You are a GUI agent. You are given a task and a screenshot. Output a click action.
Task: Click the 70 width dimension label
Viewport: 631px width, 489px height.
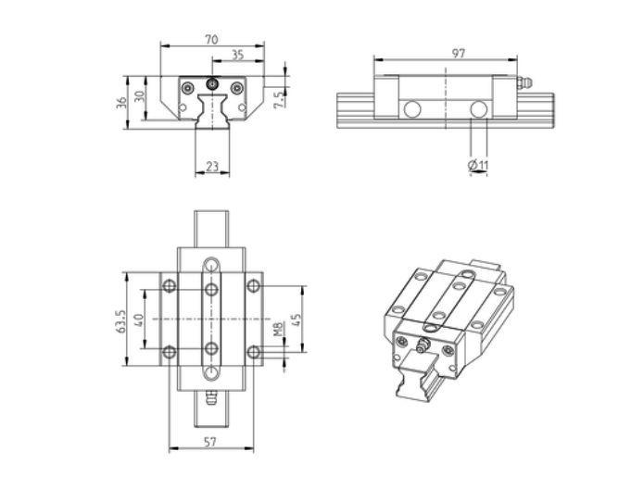tap(211, 40)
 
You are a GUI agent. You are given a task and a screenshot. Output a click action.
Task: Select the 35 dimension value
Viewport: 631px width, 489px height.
tap(238, 55)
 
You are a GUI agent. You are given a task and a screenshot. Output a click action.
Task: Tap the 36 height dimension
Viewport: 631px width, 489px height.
tap(121, 103)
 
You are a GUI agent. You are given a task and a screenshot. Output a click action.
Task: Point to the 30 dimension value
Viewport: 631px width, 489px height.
tap(139, 96)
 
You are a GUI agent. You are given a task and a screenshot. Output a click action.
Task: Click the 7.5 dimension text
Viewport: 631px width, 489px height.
tap(279, 98)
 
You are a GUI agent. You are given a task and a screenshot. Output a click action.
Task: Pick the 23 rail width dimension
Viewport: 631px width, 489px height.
tap(212, 166)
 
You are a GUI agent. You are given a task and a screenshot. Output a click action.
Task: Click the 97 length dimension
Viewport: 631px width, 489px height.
tap(459, 53)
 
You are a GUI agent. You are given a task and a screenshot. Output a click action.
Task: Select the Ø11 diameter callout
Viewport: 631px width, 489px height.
tap(478, 165)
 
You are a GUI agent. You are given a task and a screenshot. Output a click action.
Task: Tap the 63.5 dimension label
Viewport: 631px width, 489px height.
tap(121, 320)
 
